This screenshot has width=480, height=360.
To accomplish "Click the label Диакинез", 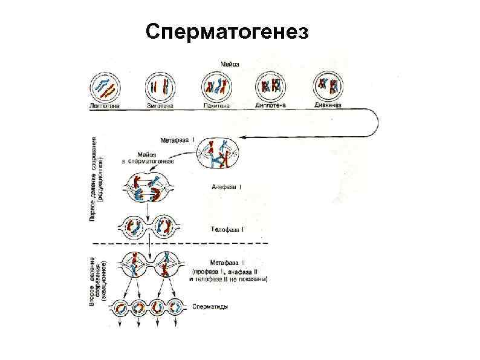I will (328, 105).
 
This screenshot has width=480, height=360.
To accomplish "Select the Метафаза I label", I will (177, 139).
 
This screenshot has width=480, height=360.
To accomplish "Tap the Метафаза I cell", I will (219, 154).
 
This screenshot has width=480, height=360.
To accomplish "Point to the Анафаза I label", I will (227, 188).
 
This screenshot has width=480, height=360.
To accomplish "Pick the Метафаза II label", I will (227, 263).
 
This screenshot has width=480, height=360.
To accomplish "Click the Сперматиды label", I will (210, 307).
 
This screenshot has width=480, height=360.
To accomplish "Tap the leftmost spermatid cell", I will (120, 307).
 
